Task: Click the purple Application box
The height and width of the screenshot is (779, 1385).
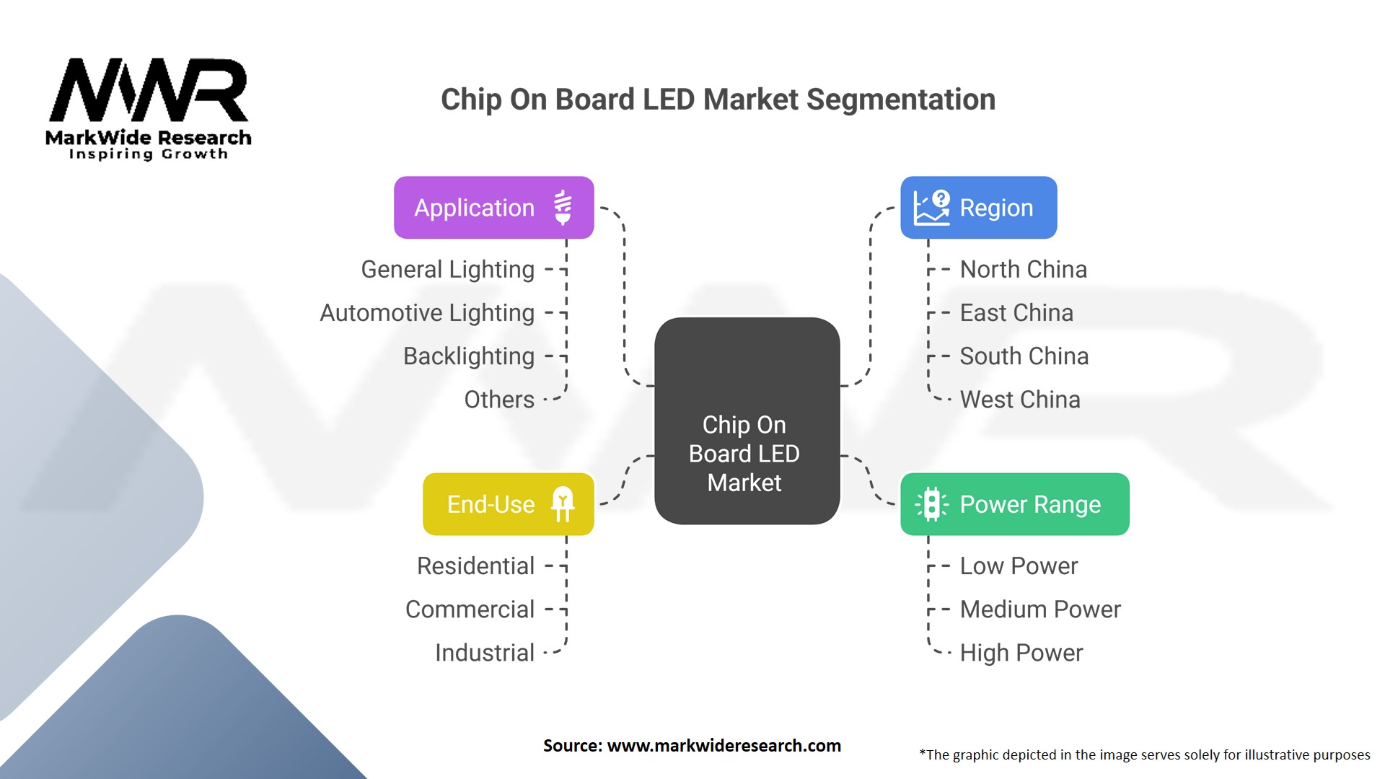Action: click(493, 208)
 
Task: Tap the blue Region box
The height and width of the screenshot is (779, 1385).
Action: click(978, 208)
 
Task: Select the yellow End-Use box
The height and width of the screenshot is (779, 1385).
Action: click(508, 504)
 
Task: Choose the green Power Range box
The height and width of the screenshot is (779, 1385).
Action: click(1014, 504)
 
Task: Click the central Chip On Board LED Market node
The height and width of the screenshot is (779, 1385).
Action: click(747, 421)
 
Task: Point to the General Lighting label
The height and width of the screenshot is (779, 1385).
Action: click(448, 270)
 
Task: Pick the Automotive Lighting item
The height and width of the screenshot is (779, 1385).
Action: click(427, 313)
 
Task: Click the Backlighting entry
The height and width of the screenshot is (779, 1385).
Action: click(469, 356)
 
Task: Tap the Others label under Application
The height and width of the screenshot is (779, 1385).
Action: click(499, 400)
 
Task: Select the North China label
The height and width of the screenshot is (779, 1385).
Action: click(1023, 270)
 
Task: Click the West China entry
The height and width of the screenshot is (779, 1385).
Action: click(1020, 400)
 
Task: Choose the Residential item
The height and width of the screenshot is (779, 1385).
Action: click(476, 566)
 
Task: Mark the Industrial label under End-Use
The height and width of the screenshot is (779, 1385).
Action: click(485, 653)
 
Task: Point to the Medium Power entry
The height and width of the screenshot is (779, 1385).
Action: click(1040, 609)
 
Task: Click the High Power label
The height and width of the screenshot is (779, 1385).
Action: click(1021, 653)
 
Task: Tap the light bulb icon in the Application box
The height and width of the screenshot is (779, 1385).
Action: click(563, 208)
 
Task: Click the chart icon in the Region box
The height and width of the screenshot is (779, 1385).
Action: click(931, 208)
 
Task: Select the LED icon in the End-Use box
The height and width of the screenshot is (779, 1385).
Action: click(563, 503)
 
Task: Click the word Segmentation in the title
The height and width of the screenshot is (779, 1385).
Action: click(901, 100)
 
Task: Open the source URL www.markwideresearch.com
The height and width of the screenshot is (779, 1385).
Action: click(724, 746)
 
